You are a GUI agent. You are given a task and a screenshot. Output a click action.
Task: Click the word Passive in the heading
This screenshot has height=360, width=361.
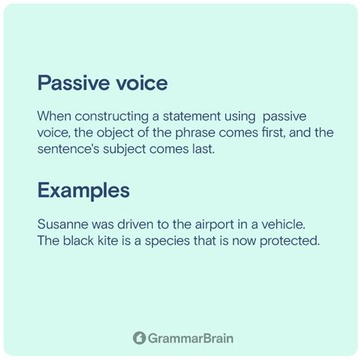[73, 83]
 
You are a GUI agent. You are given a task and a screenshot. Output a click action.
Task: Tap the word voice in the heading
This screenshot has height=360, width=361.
[142, 83]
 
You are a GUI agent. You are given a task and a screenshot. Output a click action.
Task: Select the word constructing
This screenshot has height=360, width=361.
[111, 117]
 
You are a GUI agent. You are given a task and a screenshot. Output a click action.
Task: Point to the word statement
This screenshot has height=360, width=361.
[192, 116]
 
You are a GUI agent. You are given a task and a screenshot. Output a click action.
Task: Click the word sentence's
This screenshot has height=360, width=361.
[68, 149]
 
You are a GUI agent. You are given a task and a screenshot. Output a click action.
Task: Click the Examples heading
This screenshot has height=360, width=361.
[84, 191]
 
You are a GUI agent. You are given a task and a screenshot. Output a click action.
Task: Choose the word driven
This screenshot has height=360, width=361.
[135, 225]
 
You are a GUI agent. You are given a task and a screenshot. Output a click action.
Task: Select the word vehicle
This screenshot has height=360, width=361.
[283, 225]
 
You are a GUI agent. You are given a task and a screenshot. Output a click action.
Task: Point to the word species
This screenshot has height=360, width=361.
[168, 241]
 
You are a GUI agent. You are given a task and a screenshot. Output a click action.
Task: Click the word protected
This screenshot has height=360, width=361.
[289, 241]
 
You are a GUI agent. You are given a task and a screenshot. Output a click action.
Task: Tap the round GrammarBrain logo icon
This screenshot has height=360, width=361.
[139, 338]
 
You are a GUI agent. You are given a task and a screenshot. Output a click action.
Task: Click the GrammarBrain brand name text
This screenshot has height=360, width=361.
[190, 338]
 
